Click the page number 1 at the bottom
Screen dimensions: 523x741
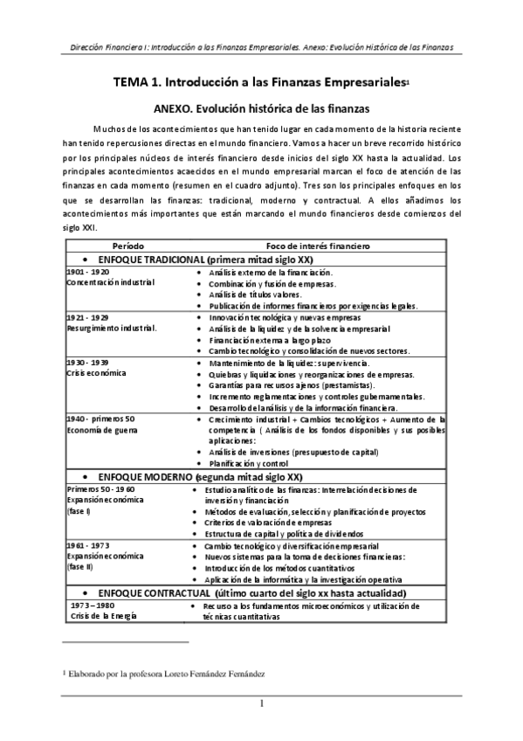[261, 704]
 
